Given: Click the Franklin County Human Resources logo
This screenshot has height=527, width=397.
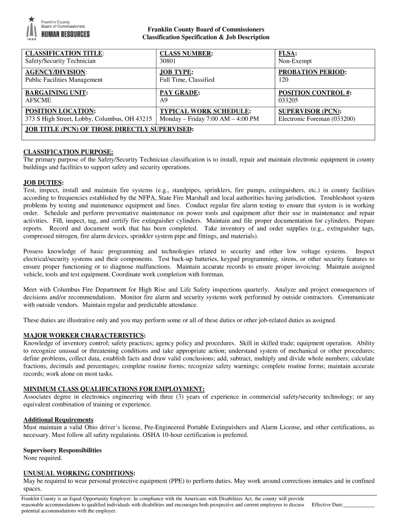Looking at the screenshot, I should point(57,29).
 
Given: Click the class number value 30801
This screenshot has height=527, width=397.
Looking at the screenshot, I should point(168,61).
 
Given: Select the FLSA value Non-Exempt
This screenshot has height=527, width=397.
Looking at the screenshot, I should point(293,61).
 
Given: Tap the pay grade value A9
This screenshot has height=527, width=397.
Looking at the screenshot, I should point(164,100).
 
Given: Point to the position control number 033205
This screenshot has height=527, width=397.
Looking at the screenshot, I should point(289,100).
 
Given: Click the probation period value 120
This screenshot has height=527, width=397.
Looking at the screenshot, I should point(284,80).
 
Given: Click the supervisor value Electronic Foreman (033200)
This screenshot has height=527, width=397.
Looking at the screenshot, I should point(317,119).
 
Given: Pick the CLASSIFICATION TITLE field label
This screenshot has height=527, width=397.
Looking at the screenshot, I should point(65,54).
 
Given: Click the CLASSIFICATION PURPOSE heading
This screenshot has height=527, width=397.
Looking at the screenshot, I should point(68,152).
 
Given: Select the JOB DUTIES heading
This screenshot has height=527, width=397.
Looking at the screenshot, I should point(43,183).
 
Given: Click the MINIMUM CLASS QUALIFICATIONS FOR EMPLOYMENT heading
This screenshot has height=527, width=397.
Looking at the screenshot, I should point(114,389).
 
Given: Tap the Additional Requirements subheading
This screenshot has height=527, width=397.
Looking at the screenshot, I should point(58,420).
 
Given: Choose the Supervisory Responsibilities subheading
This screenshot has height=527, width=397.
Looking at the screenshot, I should point(62,450).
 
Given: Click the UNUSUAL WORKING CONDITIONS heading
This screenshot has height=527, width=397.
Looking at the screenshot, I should point(79,473).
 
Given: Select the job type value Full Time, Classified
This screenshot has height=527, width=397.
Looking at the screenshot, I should point(187,80).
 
